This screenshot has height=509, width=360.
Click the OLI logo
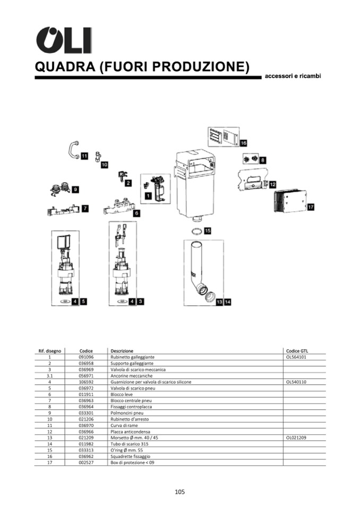pyautogui.click(x=63, y=39)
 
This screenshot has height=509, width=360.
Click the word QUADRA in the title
pyautogui.click(x=65, y=67)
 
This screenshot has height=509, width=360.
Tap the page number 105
pyautogui.click(x=179, y=492)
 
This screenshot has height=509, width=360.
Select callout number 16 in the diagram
pyautogui.click(x=243, y=143)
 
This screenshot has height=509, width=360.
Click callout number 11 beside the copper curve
pyautogui.click(x=84, y=156)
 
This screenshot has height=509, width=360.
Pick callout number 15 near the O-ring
pyautogui.click(x=207, y=231)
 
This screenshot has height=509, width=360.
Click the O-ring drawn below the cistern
pyautogui.click(x=195, y=231)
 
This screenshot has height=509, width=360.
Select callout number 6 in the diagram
pyautogui.click(x=136, y=213)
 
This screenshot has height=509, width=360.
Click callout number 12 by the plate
pyautogui.click(x=272, y=184)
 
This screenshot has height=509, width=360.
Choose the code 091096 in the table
pyautogui.click(x=86, y=358)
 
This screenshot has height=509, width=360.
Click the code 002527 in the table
pyautogui.click(x=86, y=462)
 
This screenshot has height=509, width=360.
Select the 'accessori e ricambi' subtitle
pyautogui.click(x=293, y=76)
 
